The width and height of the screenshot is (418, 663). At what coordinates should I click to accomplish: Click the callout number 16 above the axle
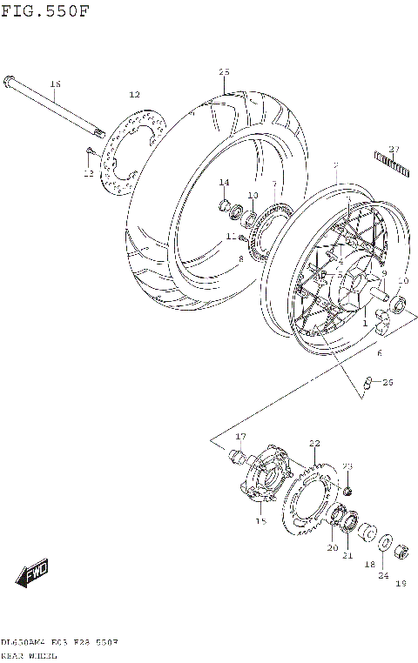(x=55, y=84)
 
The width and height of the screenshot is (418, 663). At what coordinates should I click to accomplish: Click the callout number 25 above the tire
(x=224, y=71)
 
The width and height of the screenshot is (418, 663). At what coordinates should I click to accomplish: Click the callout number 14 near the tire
(x=224, y=182)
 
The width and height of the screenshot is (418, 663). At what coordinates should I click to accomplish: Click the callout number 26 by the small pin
(x=388, y=382)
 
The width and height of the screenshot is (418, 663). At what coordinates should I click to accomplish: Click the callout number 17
(x=240, y=436)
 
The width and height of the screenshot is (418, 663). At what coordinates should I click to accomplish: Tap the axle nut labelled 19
(x=402, y=551)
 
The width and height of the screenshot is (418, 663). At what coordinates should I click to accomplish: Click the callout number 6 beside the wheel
(x=380, y=353)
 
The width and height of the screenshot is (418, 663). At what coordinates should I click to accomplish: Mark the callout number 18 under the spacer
(x=369, y=564)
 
